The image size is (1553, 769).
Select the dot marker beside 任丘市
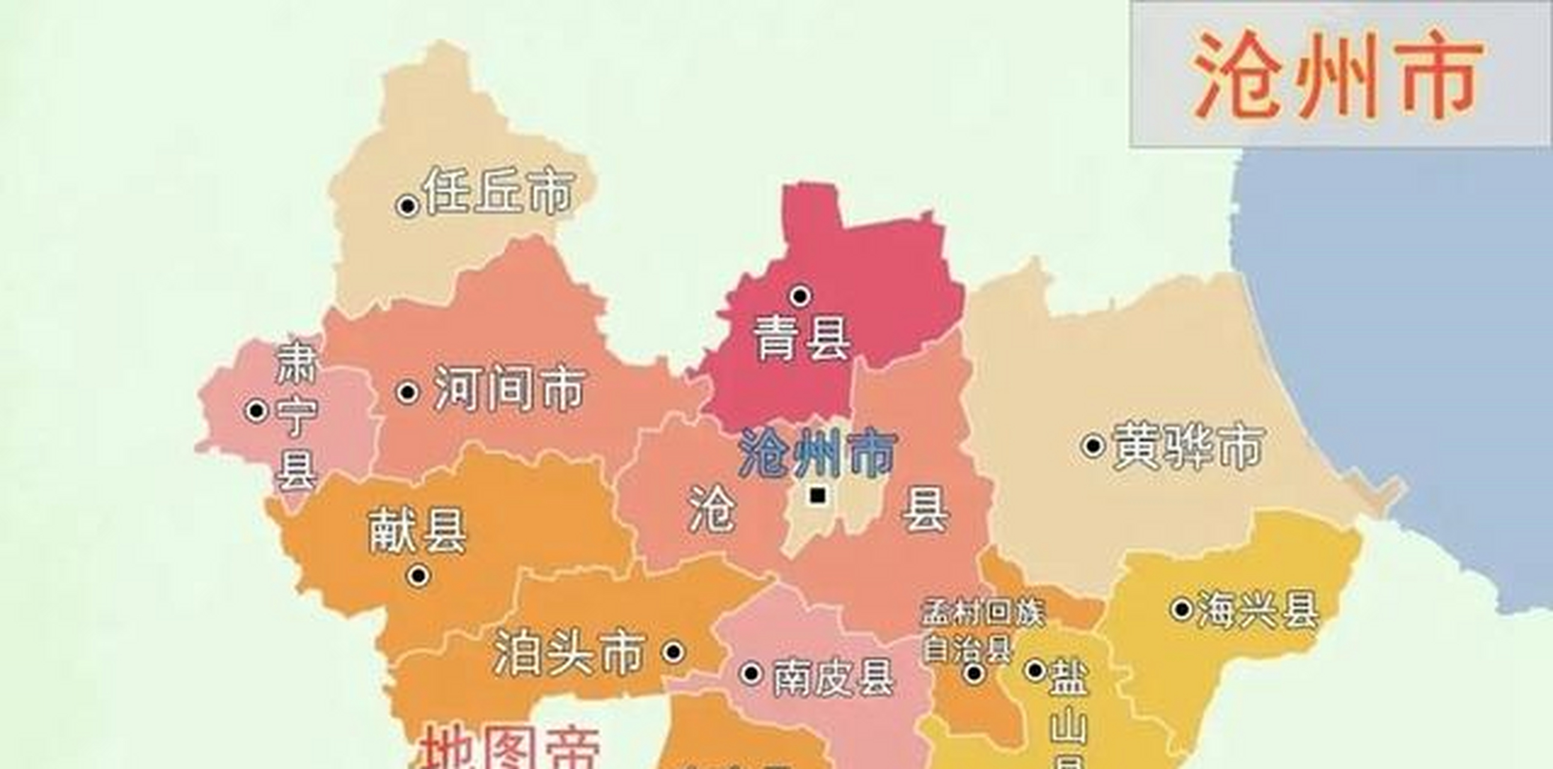pyautogui.click(x=407, y=206)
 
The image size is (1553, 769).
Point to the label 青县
pyautogui.click(x=802, y=339)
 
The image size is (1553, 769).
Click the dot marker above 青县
pyautogui.click(x=801, y=296)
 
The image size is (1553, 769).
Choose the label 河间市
pyautogui.click(x=510, y=389)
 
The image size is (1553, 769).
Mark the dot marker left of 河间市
pyautogui.click(x=407, y=392)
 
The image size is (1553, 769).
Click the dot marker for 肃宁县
pyautogui.click(x=256, y=411)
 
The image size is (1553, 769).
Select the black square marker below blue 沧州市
pyautogui.click(x=817, y=496)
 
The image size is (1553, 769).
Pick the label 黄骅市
pyautogui.click(x=1188, y=446)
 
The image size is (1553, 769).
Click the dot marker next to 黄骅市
pyautogui.click(x=1093, y=446)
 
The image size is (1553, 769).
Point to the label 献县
pyautogui.click(x=417, y=531)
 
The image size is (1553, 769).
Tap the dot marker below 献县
pyautogui.click(x=418, y=576)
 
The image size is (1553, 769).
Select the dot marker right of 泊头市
pyautogui.click(x=673, y=651)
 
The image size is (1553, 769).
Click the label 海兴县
pyautogui.click(x=1257, y=610)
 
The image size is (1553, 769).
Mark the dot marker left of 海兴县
pyautogui.click(x=1182, y=609)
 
